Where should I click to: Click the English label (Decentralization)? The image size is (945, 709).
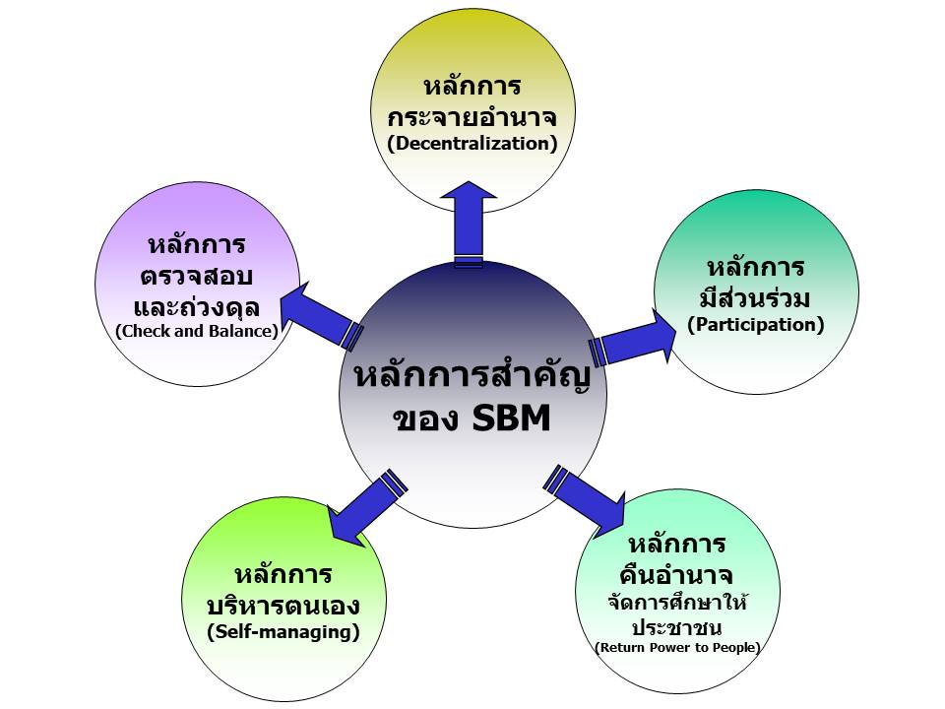[x=472, y=144]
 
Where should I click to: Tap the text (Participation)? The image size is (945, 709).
[x=756, y=324]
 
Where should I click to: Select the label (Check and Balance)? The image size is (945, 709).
[x=197, y=331]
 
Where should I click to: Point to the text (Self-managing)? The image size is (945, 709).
[x=283, y=632]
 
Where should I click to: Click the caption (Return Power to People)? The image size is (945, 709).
[x=677, y=648]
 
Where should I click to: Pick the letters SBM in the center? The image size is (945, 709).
[x=512, y=418]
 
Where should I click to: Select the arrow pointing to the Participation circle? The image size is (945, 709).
[x=633, y=337]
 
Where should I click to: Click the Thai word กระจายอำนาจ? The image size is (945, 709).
[x=472, y=116]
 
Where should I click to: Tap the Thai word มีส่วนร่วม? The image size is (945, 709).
[x=756, y=296]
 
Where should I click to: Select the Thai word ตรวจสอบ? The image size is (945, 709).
[x=197, y=276]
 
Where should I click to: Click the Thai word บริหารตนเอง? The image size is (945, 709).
[x=283, y=605]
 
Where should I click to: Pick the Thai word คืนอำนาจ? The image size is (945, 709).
[x=676, y=573]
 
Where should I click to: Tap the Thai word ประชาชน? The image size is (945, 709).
[x=677, y=627]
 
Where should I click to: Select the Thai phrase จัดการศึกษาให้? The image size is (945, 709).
[x=678, y=601]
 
